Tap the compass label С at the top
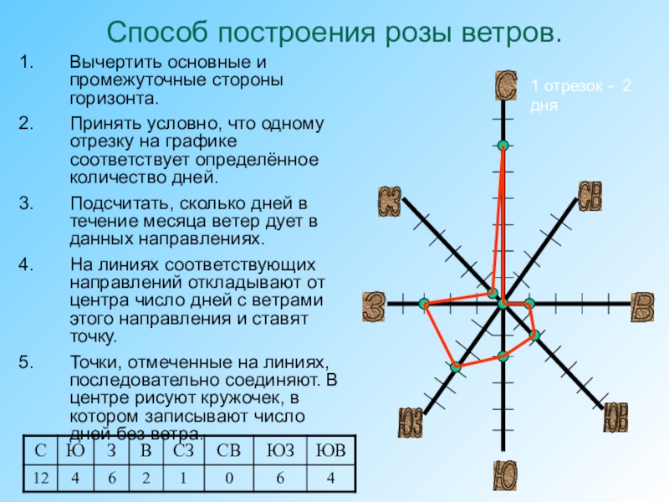coord(505,85)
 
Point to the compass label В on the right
coord(641,306)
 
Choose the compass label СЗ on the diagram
coord(391,202)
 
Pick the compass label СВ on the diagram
coord(591,197)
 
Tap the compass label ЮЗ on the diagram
coord(410,420)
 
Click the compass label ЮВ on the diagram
coord(616,417)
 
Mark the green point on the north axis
coord(503,146)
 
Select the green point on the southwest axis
coord(455,366)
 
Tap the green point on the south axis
coord(503,356)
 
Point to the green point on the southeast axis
coord(535,335)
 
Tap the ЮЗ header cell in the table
coord(281,452)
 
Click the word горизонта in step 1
coord(114,98)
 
